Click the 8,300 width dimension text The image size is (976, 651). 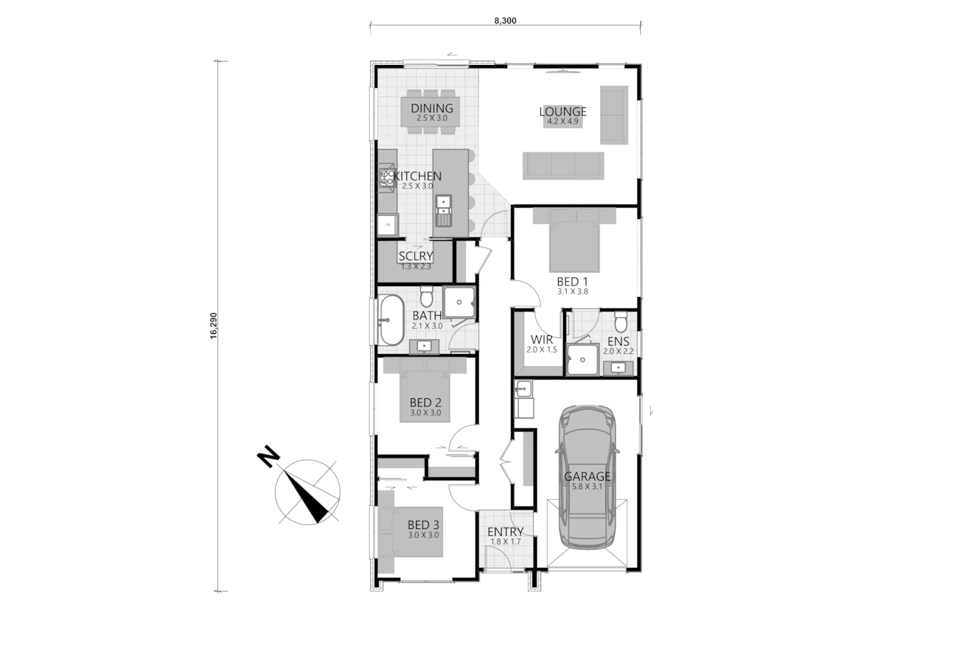[505, 21]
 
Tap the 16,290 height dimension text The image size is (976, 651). [213, 325]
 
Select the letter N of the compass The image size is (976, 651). [269, 456]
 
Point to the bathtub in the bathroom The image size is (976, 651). [391, 320]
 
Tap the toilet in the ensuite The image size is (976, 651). [620, 321]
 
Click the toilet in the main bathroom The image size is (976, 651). [426, 296]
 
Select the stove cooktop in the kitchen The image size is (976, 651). [386, 178]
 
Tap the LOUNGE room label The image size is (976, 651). [563, 112]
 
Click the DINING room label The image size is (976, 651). [432, 108]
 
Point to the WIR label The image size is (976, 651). [541, 339]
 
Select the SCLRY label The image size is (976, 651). [416, 256]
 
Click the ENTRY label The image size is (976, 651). [505, 532]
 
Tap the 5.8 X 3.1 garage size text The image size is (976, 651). [587, 487]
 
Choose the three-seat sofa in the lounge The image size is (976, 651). [563, 166]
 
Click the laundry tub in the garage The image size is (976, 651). [523, 389]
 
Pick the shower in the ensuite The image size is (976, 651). [583, 359]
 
